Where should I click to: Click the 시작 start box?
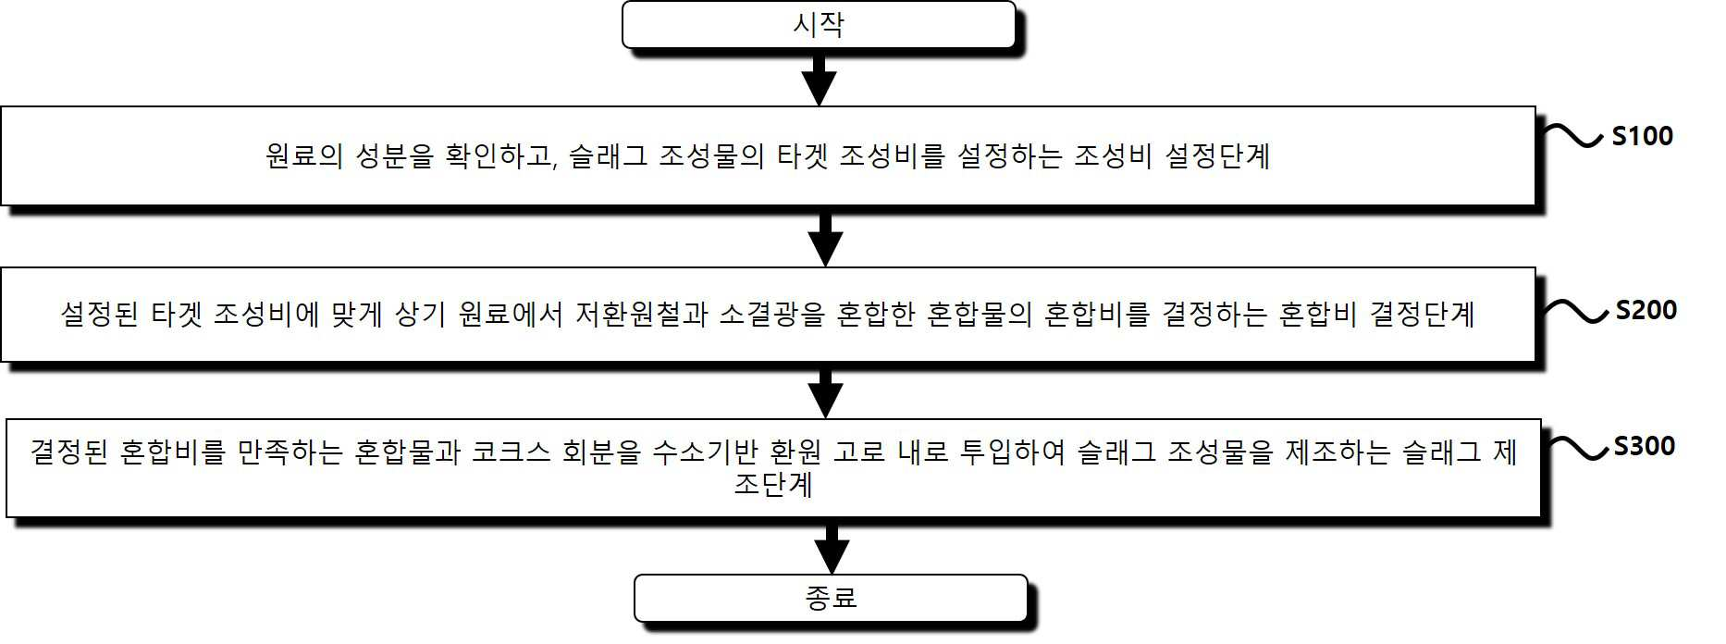click(x=819, y=25)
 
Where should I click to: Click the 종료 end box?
click(x=831, y=598)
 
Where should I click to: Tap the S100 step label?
click(x=1642, y=136)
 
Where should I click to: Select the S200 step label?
click(x=1646, y=310)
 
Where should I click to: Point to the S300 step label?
click(x=1644, y=446)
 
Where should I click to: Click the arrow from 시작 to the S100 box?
click(x=820, y=78)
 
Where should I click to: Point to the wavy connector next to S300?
click(x=1576, y=448)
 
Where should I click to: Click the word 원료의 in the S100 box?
click(x=304, y=155)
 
